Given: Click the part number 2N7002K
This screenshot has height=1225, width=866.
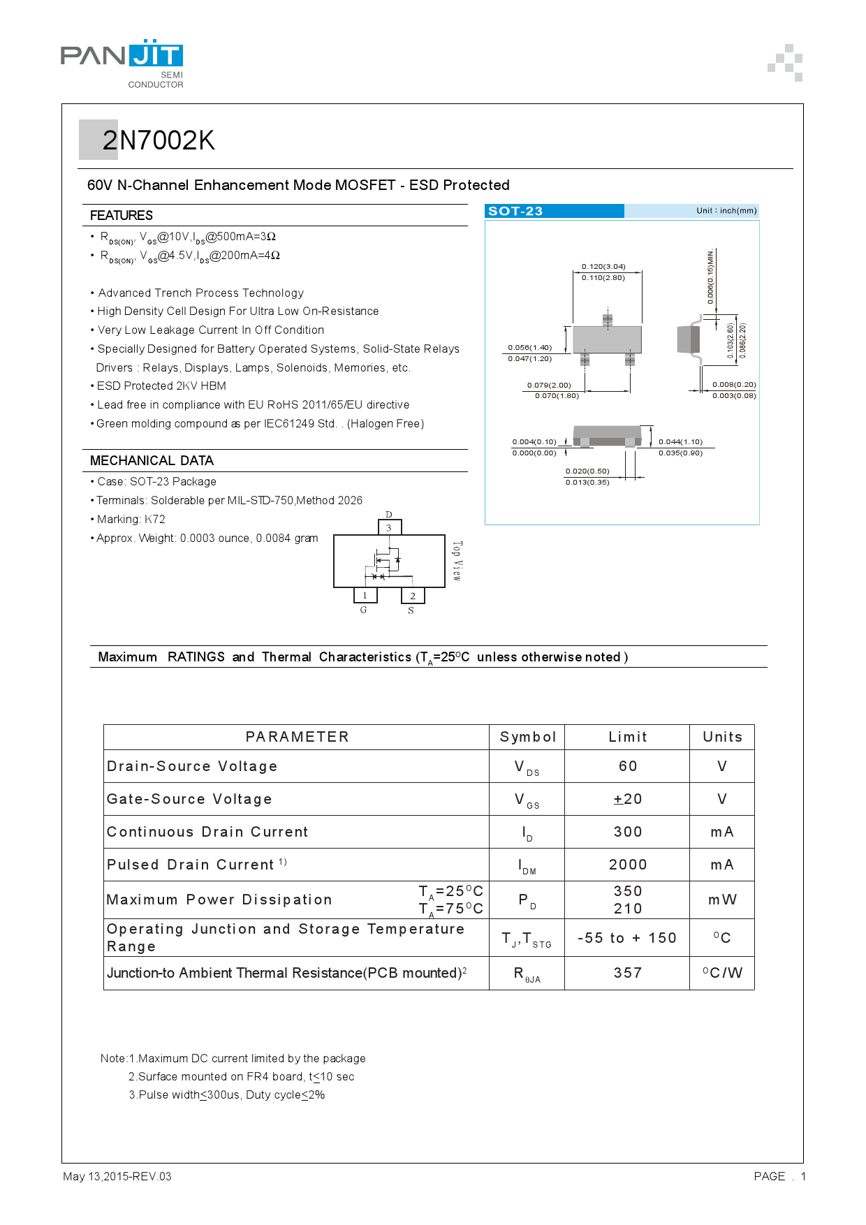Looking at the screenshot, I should (159, 141).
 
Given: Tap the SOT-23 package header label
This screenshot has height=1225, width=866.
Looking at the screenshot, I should (515, 211).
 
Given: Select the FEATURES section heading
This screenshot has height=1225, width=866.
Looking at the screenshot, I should (122, 215).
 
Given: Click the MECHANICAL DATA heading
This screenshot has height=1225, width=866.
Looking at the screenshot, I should (152, 460).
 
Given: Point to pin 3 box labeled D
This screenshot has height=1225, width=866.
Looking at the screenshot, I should (389, 527).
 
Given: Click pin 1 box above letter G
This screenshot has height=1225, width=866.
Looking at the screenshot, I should (365, 595).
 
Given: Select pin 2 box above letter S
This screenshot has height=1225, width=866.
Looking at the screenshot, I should (413, 596).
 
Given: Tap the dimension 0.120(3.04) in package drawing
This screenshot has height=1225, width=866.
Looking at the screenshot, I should (603, 266).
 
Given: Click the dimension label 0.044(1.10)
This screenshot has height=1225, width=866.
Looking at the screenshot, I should (680, 441).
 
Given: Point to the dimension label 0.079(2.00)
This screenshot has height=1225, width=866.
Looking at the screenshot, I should (549, 385).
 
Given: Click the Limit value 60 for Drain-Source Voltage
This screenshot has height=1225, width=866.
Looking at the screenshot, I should (627, 766).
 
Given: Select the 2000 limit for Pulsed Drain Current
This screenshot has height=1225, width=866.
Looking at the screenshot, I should (627, 865).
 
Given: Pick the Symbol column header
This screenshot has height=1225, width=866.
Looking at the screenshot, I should (527, 737).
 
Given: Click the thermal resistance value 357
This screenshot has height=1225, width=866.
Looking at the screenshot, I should (627, 973).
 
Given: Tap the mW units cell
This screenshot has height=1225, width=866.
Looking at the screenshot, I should (722, 900).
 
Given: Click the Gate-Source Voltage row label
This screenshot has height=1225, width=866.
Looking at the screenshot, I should (189, 799).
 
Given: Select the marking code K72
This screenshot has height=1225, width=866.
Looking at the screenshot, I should (155, 519).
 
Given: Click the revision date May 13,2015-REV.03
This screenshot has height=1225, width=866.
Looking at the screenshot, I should (117, 1176).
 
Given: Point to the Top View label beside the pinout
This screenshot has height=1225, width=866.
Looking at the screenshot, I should (457, 561).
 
